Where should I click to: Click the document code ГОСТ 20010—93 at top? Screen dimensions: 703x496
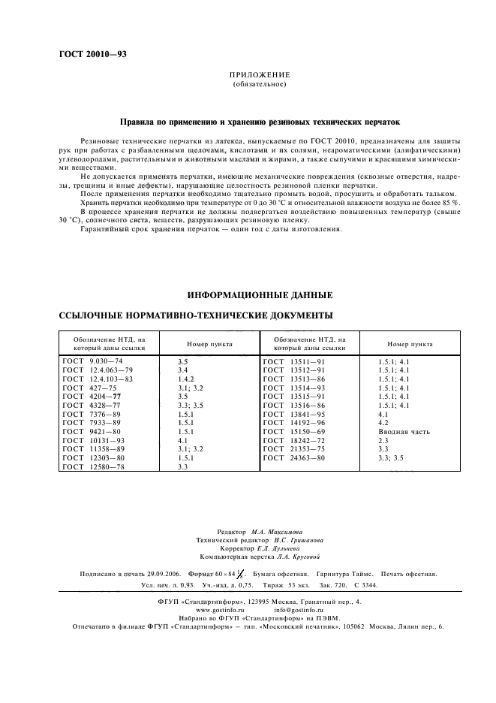tap(92, 56)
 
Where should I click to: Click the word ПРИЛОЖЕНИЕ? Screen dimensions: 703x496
tap(259, 75)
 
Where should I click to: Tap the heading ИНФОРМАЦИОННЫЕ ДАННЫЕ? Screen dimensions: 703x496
tap(259, 295)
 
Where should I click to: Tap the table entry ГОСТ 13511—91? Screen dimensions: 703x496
tap(293, 361)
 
